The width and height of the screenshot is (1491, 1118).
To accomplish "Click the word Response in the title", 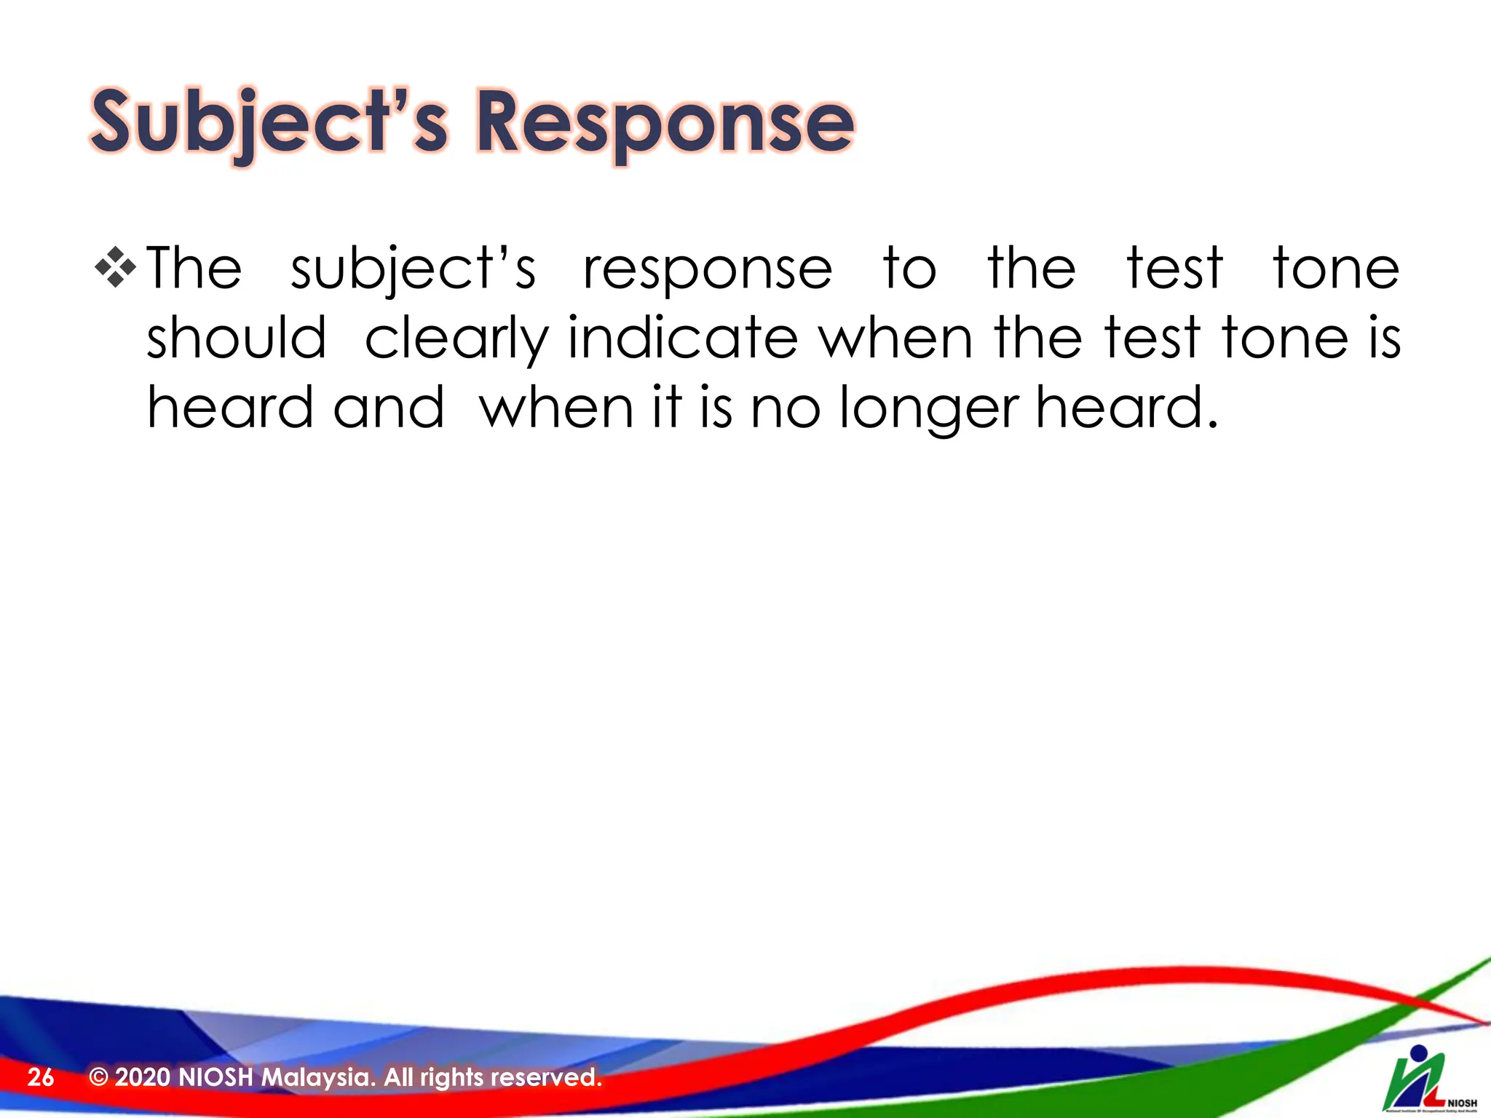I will click(x=664, y=122).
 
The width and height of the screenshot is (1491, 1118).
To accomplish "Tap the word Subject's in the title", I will click(x=269, y=122).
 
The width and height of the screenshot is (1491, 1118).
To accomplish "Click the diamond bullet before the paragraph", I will click(x=115, y=267).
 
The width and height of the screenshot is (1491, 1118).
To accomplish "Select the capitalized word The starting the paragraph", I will click(x=194, y=269).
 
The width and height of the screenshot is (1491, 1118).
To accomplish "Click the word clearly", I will click(x=456, y=339).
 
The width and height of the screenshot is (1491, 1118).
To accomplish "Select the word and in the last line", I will click(x=389, y=408).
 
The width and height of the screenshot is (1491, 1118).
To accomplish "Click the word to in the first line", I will click(x=909, y=269).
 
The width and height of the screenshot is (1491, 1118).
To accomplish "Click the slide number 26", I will click(x=41, y=1077).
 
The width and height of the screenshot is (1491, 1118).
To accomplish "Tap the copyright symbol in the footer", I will click(x=98, y=1077).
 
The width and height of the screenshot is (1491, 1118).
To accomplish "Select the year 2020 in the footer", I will click(x=143, y=1077).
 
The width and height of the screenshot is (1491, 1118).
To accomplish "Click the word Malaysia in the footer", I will click(x=318, y=1077).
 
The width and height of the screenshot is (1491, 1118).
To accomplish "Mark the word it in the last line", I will click(x=667, y=408).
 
